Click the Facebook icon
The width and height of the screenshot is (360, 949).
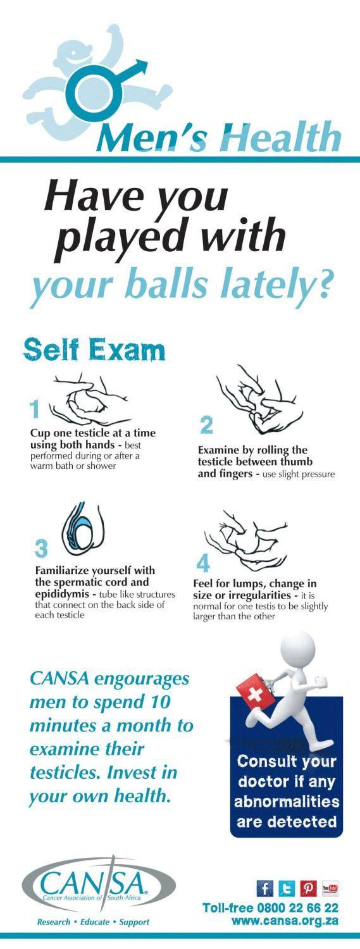(265, 888)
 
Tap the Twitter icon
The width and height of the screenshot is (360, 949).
(287, 888)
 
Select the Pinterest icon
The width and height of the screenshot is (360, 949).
(308, 888)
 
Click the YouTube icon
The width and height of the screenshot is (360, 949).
(330, 888)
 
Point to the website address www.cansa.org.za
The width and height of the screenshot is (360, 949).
(285, 921)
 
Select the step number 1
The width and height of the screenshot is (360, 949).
(34, 410)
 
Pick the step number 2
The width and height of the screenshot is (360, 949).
(206, 425)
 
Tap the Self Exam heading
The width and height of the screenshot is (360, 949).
(94, 350)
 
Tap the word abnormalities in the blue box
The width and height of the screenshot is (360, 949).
(287, 802)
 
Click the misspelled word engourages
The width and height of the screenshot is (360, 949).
(142, 679)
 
